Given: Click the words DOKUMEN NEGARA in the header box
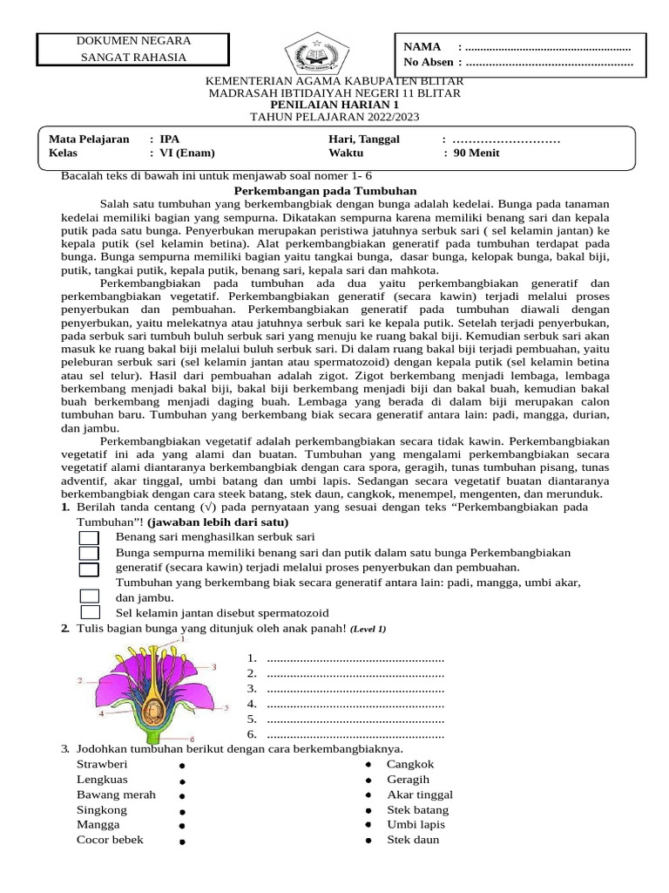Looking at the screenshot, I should click(132, 41).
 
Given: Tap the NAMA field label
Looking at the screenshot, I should click(422, 46).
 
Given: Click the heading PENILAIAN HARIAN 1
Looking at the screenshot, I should click(334, 105).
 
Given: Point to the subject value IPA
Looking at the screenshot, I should click(171, 139).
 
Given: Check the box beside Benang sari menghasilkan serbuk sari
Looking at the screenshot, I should click(89, 537).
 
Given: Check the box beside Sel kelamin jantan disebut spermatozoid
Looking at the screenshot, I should click(89, 613).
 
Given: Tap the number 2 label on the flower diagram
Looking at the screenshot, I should click(79, 679).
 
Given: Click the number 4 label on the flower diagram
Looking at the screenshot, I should click(101, 713).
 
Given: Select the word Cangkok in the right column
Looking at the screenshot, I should click(410, 765).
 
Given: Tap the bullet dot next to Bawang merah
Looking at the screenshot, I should click(181, 796).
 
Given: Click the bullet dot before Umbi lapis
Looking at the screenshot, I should click(368, 825).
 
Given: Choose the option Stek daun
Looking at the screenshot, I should click(413, 840).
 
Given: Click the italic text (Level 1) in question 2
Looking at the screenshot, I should click(368, 629).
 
